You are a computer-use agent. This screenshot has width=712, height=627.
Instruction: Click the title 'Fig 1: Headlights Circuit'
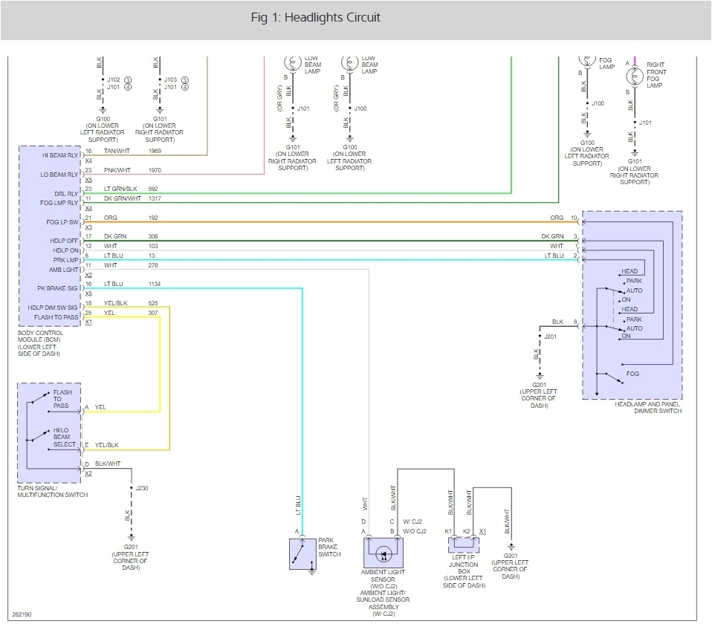point(315,18)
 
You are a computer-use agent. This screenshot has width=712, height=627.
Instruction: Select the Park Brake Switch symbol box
point(302,554)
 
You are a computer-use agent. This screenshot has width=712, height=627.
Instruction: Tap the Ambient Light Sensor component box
point(383,553)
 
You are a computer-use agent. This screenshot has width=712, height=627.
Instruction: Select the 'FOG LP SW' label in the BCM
point(62,222)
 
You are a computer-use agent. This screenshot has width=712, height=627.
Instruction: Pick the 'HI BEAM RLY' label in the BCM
point(60,155)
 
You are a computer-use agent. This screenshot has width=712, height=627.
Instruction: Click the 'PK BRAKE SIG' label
point(58,288)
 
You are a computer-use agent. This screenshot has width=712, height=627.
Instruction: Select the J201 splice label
point(551,337)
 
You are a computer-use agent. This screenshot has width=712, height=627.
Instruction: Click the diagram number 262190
point(22,615)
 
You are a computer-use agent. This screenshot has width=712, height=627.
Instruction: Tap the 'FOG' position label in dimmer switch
point(632,374)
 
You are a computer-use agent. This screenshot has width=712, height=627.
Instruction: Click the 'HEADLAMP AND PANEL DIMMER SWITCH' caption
point(648,407)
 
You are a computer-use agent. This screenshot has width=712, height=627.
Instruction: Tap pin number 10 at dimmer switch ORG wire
point(574,218)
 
